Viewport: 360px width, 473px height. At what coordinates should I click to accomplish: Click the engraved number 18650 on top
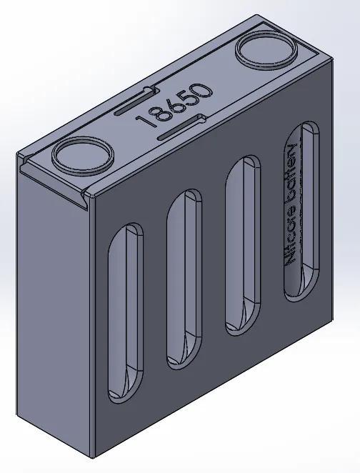click(176, 106)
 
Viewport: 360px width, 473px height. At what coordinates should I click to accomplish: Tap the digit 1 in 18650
click(146, 121)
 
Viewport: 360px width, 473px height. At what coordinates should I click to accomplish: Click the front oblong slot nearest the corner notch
click(125, 311)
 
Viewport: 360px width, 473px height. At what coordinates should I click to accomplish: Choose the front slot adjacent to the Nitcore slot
click(242, 247)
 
